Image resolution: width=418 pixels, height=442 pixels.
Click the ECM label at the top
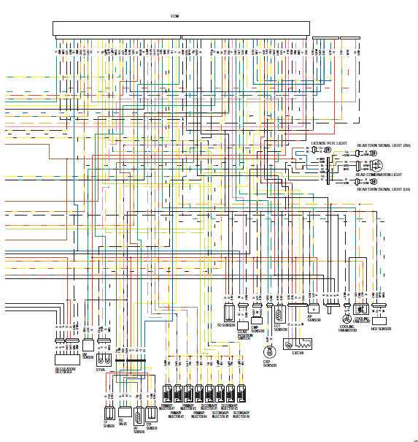(x=174, y=15)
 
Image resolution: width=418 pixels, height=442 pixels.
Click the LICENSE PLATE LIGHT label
(x=330, y=144)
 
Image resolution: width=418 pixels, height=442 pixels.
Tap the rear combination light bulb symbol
(x=373, y=165)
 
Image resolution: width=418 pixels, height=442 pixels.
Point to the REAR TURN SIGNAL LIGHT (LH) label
(x=382, y=189)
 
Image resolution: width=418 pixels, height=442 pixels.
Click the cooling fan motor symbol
(x=345, y=319)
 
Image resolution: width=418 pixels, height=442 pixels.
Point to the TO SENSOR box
(x=228, y=313)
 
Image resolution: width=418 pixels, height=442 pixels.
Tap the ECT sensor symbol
(x=278, y=315)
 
